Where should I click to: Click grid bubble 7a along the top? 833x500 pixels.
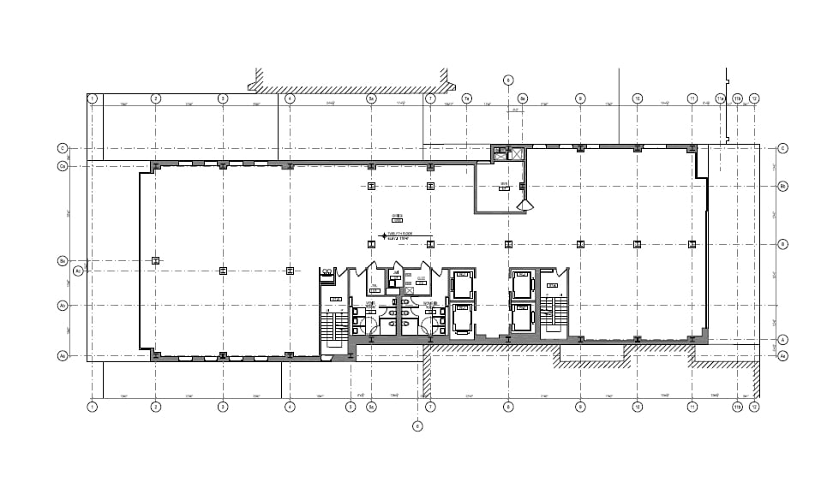[x=467, y=98]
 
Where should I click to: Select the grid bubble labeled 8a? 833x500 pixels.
[x=523, y=98]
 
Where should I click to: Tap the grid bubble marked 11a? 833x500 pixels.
[x=737, y=98]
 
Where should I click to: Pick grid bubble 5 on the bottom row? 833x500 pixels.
[x=350, y=407]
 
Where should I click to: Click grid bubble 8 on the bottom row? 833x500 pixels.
[x=508, y=407]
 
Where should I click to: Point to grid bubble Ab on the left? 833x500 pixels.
[x=63, y=306]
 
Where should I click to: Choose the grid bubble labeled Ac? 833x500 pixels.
[x=78, y=271]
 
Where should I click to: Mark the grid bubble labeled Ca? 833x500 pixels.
[x=63, y=166]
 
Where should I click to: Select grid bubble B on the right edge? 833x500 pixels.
[x=782, y=244]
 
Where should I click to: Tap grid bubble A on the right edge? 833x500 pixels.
[x=782, y=340]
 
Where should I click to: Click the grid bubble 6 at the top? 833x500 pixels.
[x=508, y=80]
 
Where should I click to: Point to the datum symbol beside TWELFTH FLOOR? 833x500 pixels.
[x=383, y=234]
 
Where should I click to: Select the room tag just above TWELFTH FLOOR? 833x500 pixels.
[x=397, y=216]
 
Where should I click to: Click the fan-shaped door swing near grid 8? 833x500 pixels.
[x=525, y=205]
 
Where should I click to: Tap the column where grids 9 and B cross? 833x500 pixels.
[x=580, y=244]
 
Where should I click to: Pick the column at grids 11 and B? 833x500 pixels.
[x=692, y=244]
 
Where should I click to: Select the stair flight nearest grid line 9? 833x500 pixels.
[x=555, y=312]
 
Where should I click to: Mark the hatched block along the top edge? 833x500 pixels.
[x=351, y=86]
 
